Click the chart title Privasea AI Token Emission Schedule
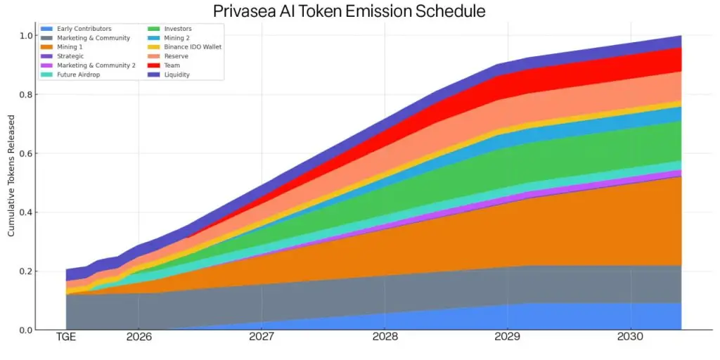[349, 11]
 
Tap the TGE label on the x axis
[67, 337]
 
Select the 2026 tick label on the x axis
[139, 337]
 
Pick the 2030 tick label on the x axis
[631, 337]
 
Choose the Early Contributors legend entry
[84, 29]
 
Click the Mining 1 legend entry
[70, 47]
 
